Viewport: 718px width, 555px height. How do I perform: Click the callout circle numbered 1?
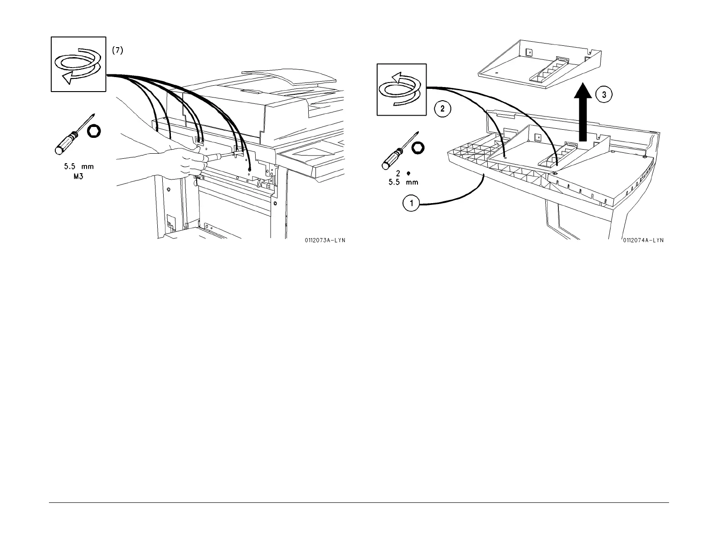(x=412, y=204)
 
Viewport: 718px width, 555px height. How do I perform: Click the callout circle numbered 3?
(x=605, y=95)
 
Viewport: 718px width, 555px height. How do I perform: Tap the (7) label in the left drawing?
(x=117, y=51)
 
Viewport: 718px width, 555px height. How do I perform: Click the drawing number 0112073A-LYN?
(x=325, y=240)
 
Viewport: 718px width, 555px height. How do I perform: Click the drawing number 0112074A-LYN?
(x=643, y=240)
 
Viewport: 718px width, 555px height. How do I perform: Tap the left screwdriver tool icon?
(x=73, y=134)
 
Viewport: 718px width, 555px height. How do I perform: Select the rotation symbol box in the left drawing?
(x=78, y=64)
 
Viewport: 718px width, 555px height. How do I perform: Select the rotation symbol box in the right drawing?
(x=402, y=89)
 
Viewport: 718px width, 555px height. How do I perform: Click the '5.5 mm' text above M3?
(x=79, y=167)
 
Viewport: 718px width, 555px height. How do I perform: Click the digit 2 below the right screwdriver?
(x=398, y=173)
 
